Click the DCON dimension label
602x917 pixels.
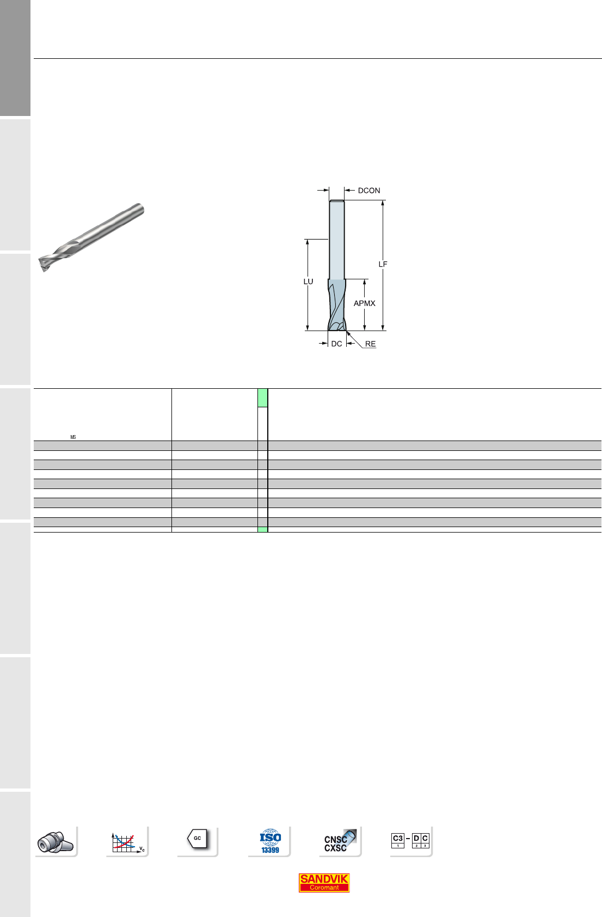tap(368, 191)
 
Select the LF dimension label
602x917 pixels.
tap(383, 265)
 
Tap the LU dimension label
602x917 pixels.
tap(308, 282)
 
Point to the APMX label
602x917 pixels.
tap(364, 303)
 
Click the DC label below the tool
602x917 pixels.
tap(336, 344)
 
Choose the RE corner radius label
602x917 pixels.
tap(370, 344)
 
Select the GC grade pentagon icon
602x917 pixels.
tap(197, 839)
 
